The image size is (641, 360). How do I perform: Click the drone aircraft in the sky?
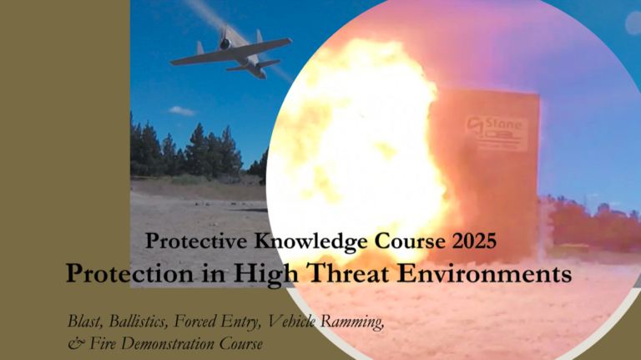tap(230, 54)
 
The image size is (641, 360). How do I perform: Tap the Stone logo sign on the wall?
tap(497, 133)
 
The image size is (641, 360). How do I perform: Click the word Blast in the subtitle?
tap(87, 321)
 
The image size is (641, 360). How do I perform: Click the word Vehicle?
tap(295, 321)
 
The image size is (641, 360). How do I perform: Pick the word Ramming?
tap(354, 322)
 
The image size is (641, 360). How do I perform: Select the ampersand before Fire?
tap(73, 343)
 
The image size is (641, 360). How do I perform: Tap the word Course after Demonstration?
tap(240, 342)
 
